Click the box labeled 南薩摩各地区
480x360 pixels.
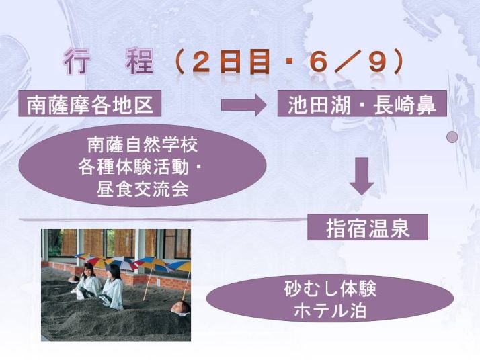pyautogui.click(x=89, y=103)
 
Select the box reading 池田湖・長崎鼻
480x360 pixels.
pyautogui.click(x=362, y=103)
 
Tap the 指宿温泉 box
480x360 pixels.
pyautogui.click(x=367, y=227)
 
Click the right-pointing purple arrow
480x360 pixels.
pyautogui.click(x=243, y=105)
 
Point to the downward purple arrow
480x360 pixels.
pyautogui.click(x=362, y=176)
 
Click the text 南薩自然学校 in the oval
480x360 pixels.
pyautogui.click(x=143, y=145)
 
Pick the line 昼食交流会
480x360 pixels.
pyautogui.click(x=143, y=189)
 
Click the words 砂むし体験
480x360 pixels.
pyautogui.click(x=330, y=288)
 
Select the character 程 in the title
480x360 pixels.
pyautogui.click(x=140, y=62)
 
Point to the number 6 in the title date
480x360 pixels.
pyautogui.click(x=317, y=62)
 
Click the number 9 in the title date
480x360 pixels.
pyautogui.click(x=377, y=62)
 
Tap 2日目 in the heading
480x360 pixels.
pyautogui.click(x=231, y=62)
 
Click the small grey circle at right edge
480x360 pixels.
pyautogui.click(x=452, y=137)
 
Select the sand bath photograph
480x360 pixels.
pyautogui.click(x=116, y=285)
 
